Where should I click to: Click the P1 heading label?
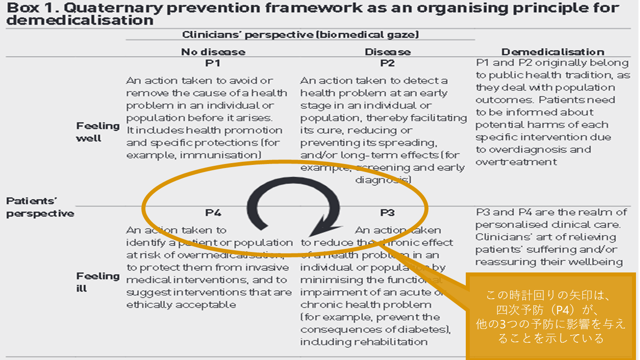(213, 64)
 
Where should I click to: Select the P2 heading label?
(388, 64)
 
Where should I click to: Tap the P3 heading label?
(388, 213)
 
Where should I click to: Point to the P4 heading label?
(213, 213)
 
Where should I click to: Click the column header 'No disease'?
(213, 52)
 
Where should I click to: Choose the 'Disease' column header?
(388, 52)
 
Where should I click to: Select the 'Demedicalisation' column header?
(552, 52)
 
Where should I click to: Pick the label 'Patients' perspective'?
(40, 207)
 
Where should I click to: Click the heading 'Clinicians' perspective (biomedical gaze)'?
(300, 34)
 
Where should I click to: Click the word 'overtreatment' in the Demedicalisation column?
(516, 162)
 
